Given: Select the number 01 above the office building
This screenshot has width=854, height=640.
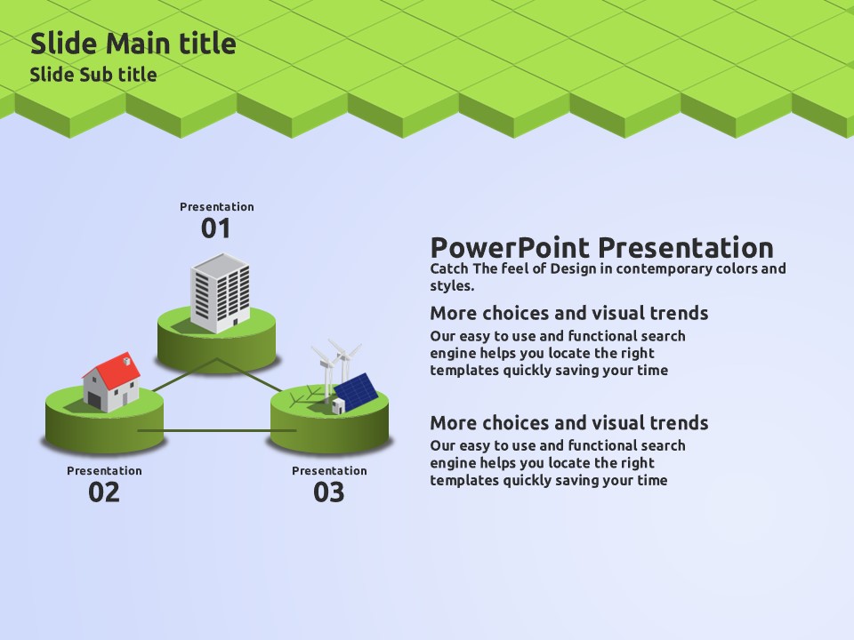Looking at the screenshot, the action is point(215,228).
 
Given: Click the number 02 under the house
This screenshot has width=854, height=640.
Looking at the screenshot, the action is point(103,492).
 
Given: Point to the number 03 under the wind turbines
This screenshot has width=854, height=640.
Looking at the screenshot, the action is point(328,492).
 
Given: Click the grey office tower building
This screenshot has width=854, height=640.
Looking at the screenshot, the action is point(220,292).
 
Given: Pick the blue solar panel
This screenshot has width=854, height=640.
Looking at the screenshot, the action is point(356,392).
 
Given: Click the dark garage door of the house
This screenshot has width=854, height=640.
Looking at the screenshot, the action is point(95,401).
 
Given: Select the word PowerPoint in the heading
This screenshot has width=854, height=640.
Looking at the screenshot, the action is point(510,248).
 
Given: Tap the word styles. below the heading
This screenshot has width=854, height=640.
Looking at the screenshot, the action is point(452,285).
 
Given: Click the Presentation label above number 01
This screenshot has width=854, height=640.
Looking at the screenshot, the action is point(217,207).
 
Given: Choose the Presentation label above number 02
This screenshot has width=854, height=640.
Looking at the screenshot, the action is point(104,471).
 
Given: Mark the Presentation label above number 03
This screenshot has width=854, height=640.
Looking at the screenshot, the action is point(329,471).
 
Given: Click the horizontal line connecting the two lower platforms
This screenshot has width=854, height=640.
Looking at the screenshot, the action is point(217,430).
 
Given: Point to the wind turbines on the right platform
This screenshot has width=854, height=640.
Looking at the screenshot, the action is point(335,367).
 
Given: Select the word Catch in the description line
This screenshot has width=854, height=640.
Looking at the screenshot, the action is point(449,268).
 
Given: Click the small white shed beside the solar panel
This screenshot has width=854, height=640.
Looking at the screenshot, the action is point(338,406).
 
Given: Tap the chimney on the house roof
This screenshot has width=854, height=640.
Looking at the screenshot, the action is point(127,359).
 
